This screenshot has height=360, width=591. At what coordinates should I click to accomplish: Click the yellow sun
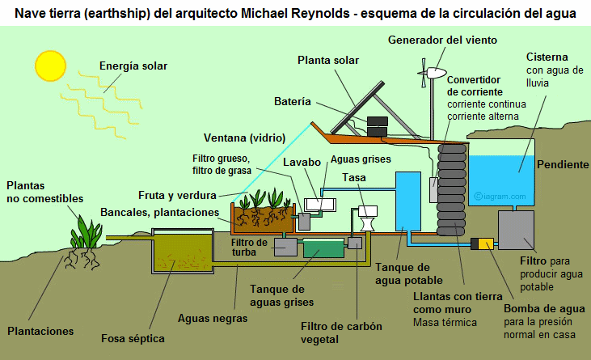49,64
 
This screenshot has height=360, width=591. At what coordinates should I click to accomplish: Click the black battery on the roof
378,126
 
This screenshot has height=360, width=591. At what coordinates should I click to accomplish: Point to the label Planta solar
327,60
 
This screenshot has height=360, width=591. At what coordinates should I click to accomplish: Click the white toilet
368,217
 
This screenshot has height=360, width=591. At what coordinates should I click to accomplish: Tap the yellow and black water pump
486,244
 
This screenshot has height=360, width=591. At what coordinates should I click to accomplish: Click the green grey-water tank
323,248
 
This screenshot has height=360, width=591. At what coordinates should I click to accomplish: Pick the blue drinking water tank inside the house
409,201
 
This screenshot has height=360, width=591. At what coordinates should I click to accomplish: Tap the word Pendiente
563,164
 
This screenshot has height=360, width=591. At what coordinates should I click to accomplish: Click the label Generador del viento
442,40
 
